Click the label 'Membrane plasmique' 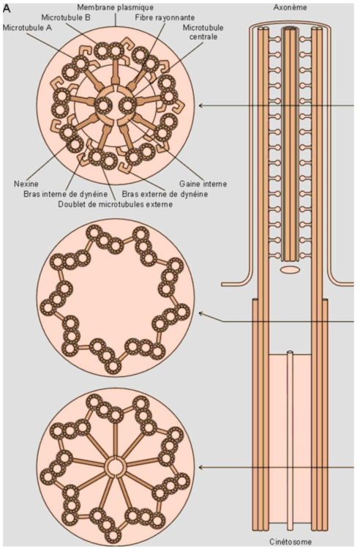point(115,7)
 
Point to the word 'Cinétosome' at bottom point(290,541)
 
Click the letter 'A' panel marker point(7,7)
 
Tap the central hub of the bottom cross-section point(115,466)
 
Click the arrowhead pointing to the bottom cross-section point(202,467)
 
